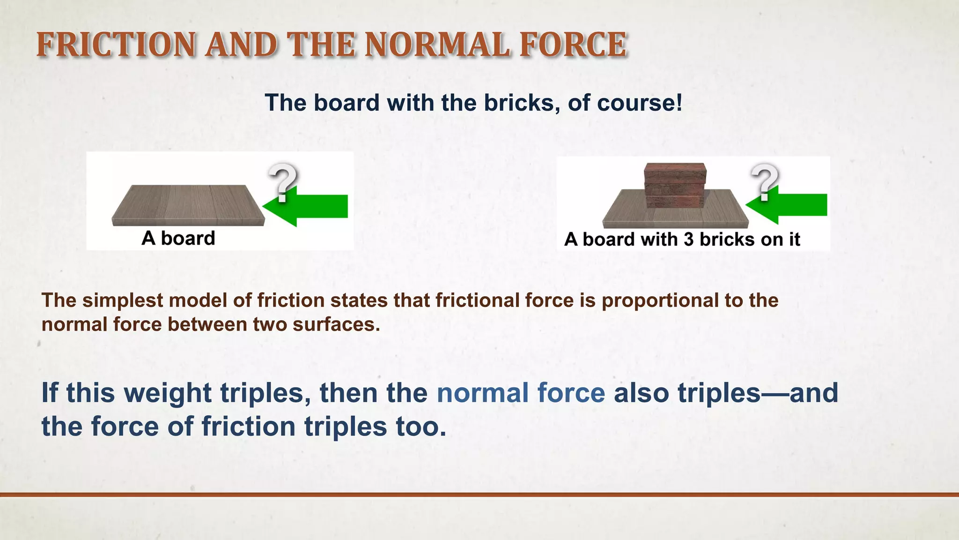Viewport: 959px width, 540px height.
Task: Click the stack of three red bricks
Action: pyautogui.click(x=675, y=186)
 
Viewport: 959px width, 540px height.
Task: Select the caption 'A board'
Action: pyautogui.click(x=178, y=238)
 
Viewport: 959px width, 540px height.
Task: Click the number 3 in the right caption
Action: pyautogui.click(x=688, y=240)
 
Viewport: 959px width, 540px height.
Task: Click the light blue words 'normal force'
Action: pyautogui.click(x=521, y=393)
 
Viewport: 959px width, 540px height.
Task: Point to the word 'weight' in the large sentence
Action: pyautogui.click(x=168, y=393)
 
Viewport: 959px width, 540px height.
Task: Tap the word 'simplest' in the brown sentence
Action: pyautogui.click(x=123, y=300)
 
